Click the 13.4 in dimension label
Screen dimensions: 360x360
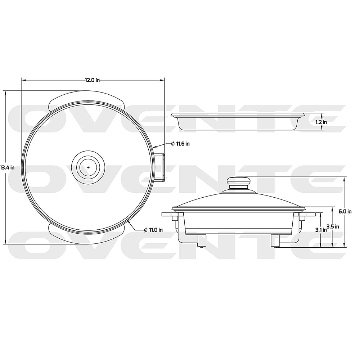7,167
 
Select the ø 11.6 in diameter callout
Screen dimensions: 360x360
180,143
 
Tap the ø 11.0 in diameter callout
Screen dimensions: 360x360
153,229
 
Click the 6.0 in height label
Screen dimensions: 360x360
345,211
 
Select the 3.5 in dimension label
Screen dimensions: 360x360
332,226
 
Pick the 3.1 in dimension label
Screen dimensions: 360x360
320,230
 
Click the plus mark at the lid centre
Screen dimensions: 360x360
88,167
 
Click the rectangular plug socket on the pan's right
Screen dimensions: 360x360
160,167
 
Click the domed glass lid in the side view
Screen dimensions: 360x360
238,200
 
